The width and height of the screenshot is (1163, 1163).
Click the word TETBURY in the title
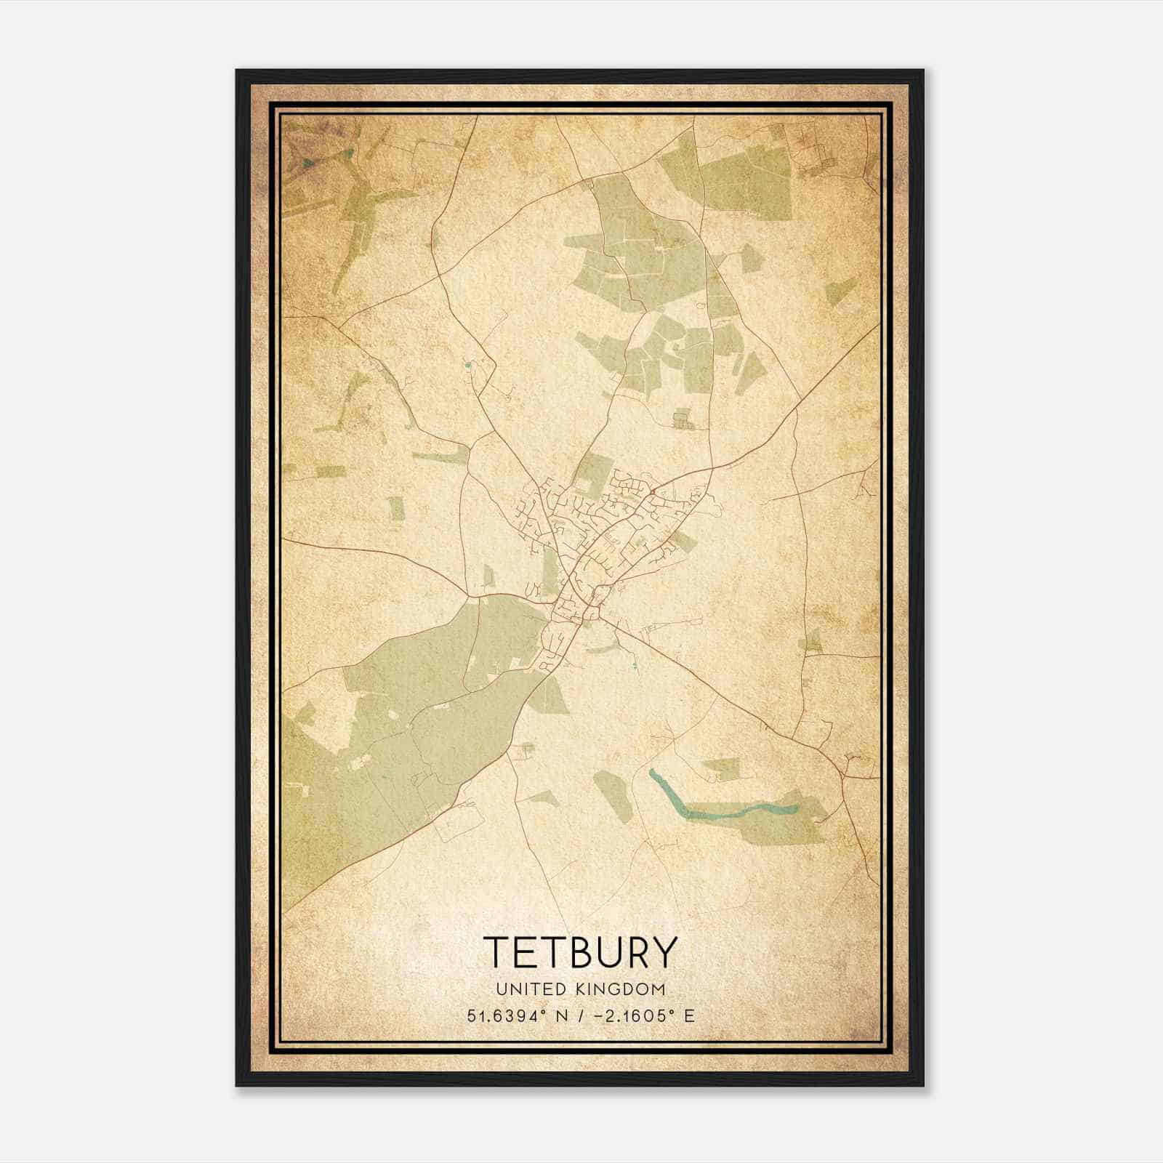(580, 953)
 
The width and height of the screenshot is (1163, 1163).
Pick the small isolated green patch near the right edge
(841, 291)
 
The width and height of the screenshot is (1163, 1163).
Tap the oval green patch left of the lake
(613, 796)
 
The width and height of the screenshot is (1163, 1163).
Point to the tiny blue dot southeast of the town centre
(634, 665)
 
